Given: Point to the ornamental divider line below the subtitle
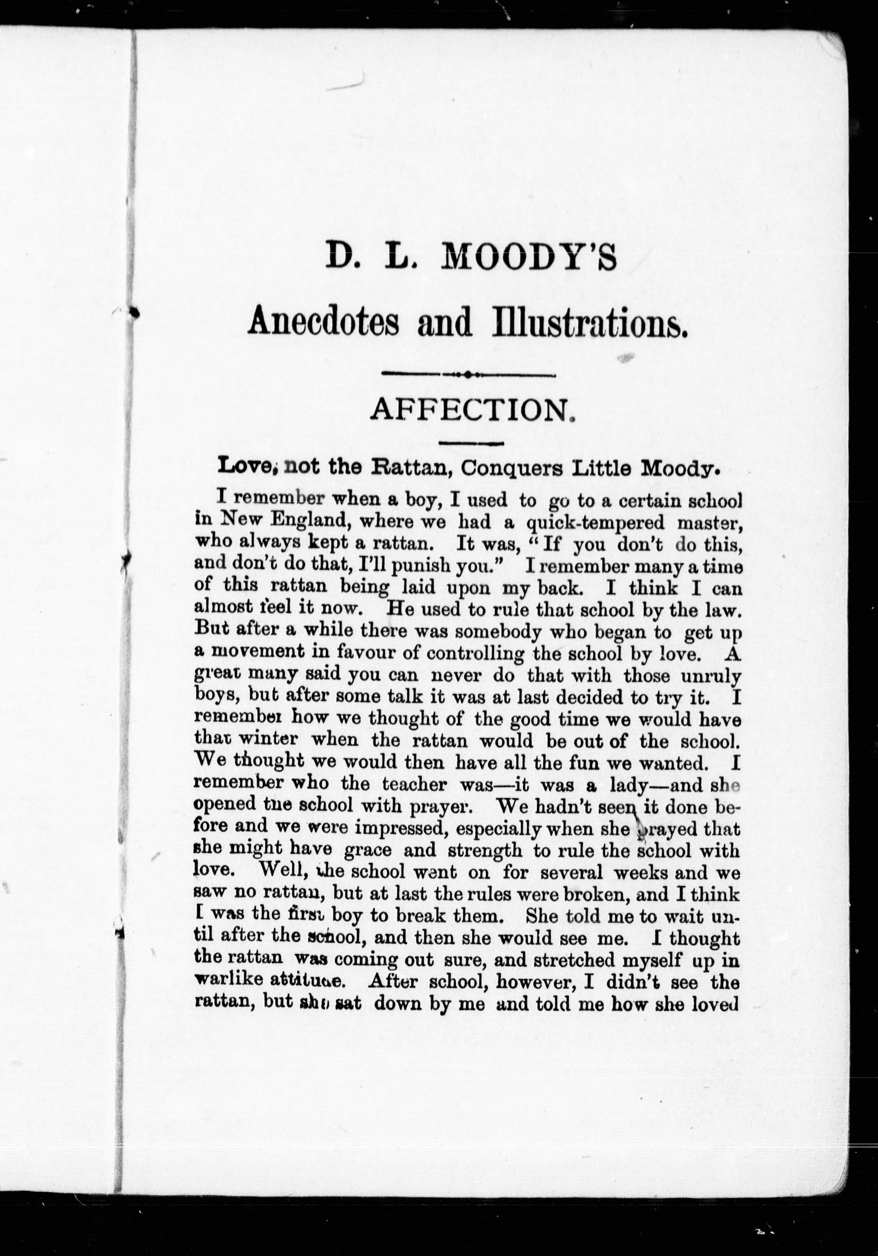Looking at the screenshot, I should [468, 375].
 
